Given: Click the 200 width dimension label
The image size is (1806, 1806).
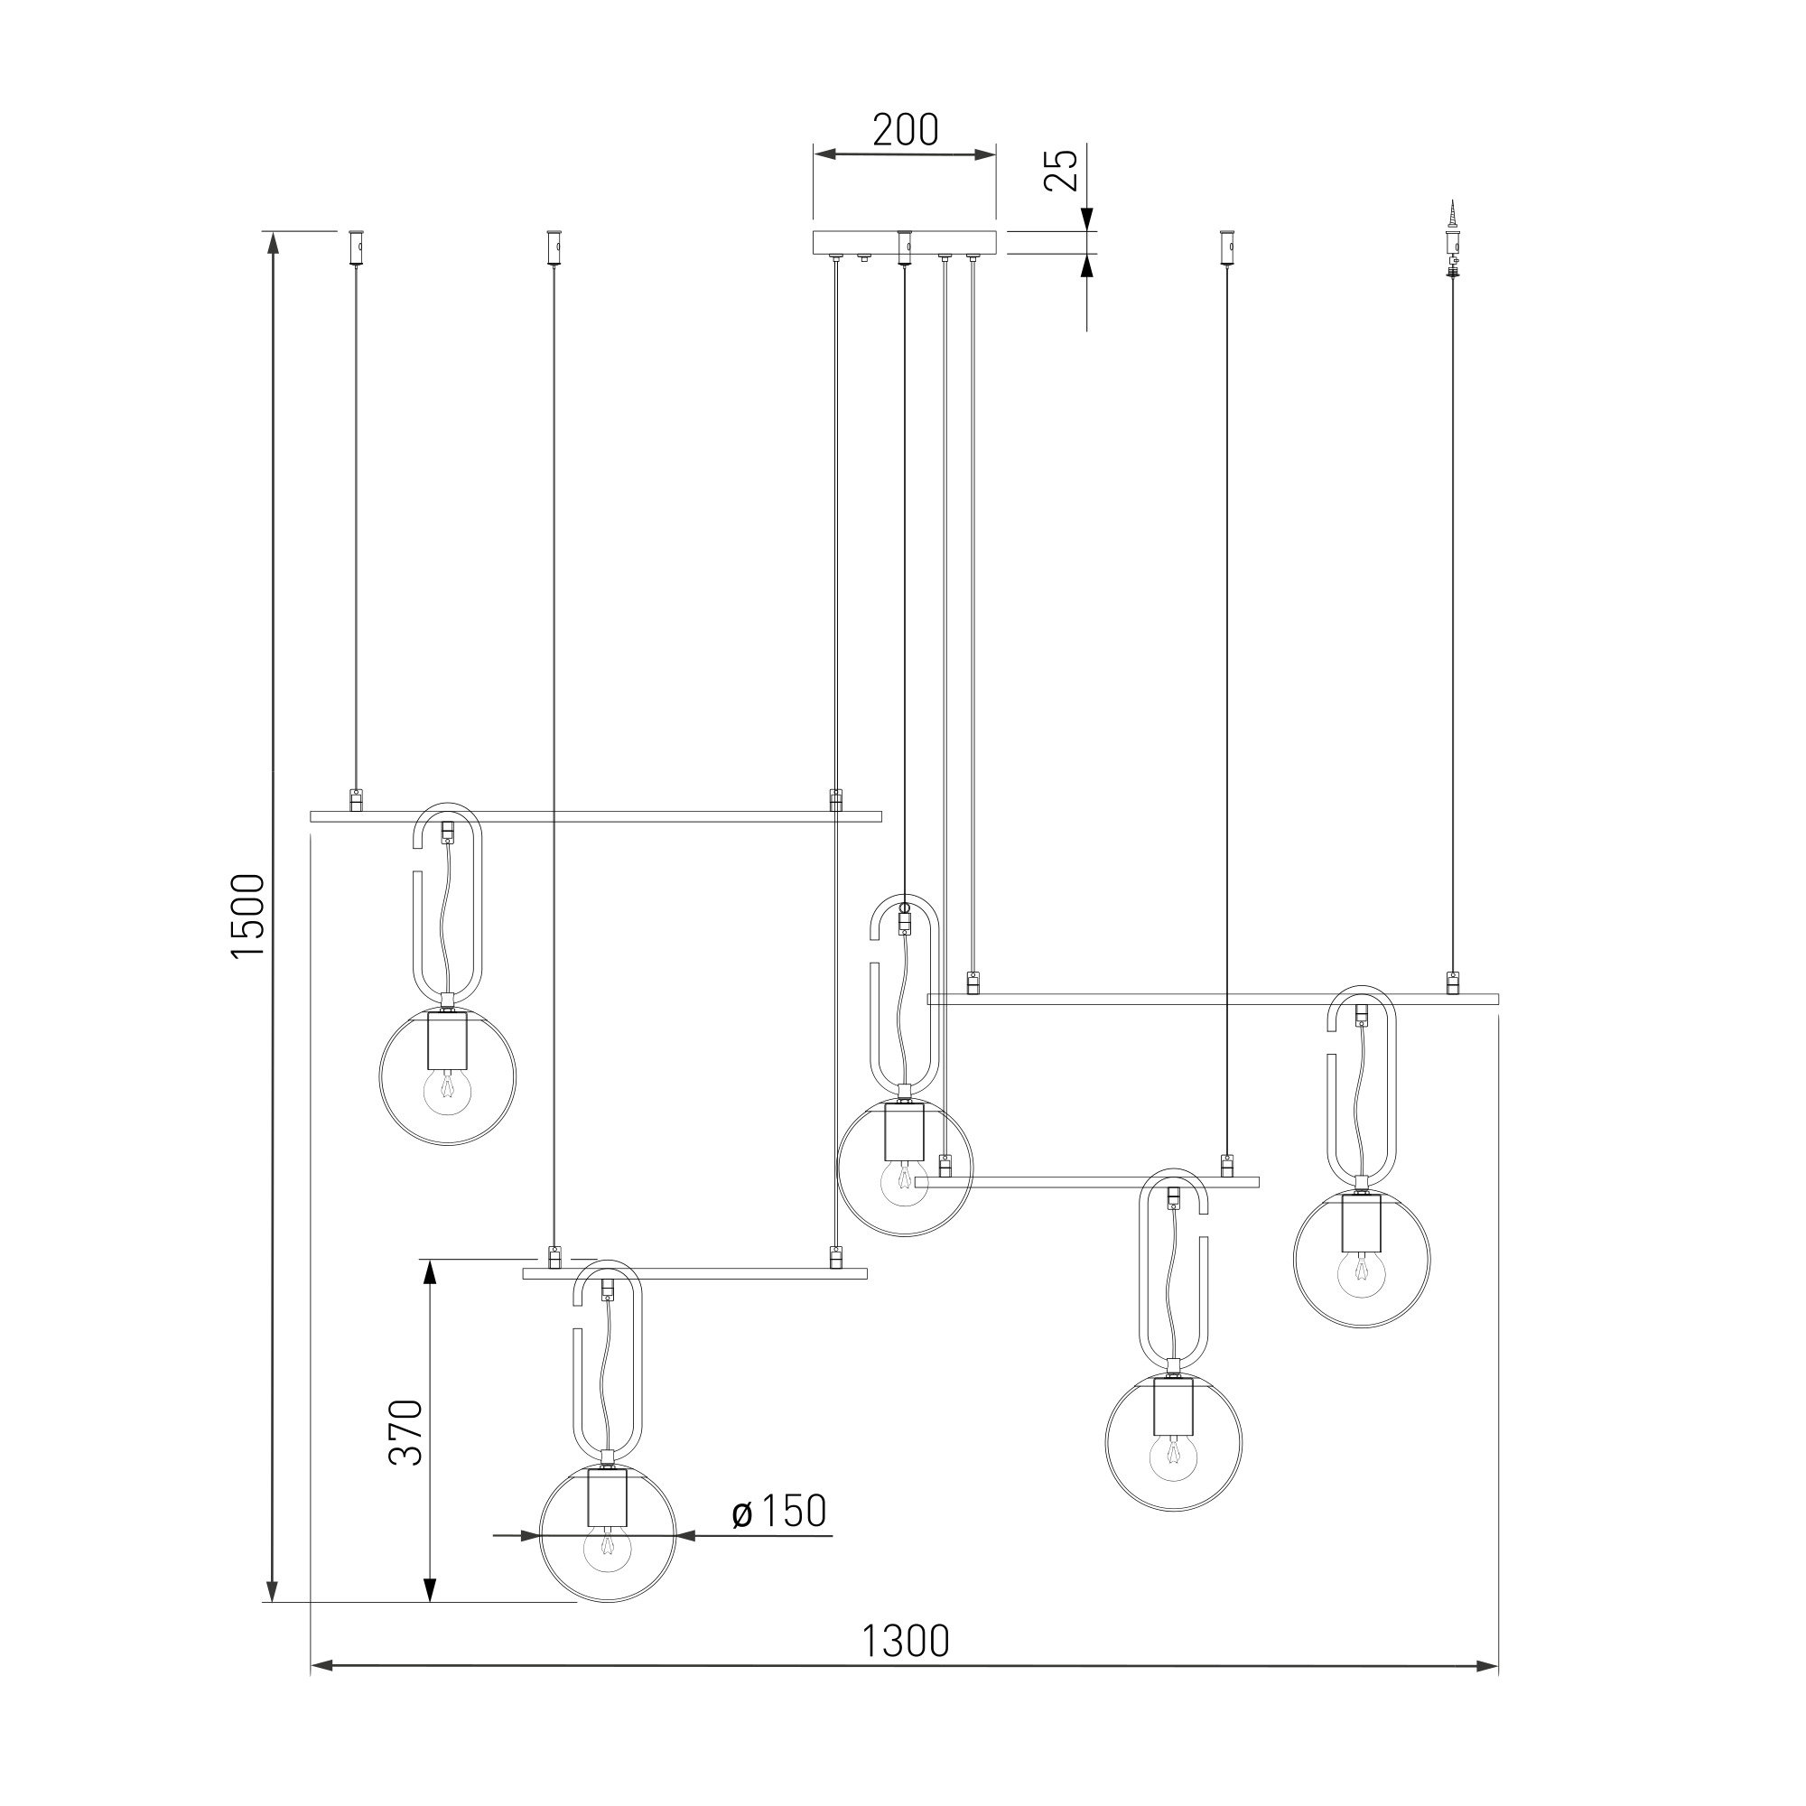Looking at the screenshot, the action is tap(905, 131).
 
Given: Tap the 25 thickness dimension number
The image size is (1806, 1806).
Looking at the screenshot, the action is tap(1062, 169).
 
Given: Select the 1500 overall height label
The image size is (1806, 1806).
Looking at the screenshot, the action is tap(248, 915).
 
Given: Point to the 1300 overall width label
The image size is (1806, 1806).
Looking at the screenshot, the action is tap(905, 1641).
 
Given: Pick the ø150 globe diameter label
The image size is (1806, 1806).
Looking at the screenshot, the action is tap(778, 1512).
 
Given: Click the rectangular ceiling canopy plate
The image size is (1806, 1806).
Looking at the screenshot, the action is tap(905, 242).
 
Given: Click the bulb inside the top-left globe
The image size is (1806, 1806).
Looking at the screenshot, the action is tap(447, 1089).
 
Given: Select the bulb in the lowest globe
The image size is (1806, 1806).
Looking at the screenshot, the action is tap(608, 1550).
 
